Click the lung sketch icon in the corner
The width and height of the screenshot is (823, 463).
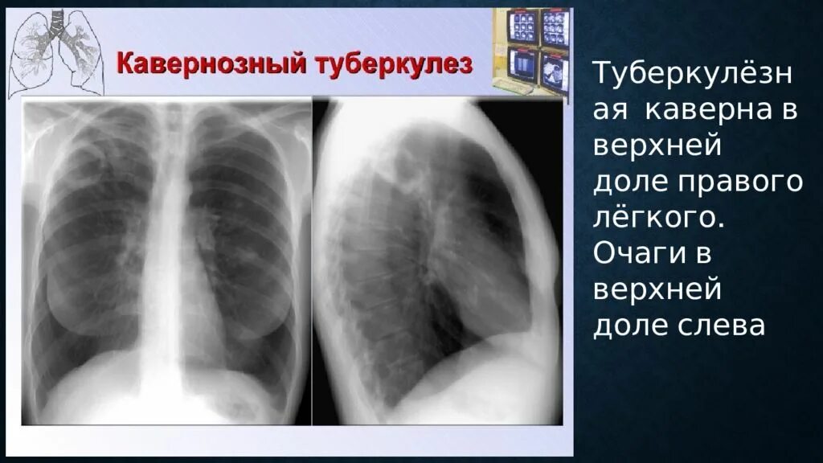coord(55,52)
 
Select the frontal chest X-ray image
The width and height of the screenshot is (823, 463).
coord(166,261)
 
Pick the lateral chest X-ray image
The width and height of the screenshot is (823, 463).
coord(437,261)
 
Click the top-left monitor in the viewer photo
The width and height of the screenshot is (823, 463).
coord(523,26)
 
